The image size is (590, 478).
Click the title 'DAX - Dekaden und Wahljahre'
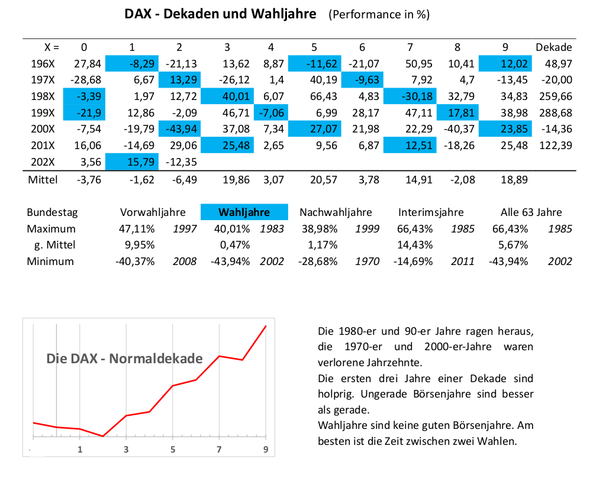tap(220, 14)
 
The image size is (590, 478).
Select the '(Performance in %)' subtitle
tap(379, 15)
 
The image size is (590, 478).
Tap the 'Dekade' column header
tap(554, 47)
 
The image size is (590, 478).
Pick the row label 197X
tap(43, 80)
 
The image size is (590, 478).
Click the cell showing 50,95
tap(419, 63)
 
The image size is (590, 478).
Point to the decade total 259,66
tap(556, 96)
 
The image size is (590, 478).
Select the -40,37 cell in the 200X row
tap(459, 129)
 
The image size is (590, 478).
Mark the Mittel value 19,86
tap(236, 180)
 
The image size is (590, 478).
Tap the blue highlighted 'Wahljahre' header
tap(244, 212)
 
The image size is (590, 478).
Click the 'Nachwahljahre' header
tap(336, 212)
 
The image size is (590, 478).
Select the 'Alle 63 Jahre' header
tap(531, 212)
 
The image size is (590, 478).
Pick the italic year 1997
tap(185, 229)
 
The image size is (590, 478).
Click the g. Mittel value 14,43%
tap(415, 245)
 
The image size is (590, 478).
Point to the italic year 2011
tap(462, 261)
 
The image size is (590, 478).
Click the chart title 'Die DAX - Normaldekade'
tap(124, 358)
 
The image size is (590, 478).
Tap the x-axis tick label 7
tap(219, 449)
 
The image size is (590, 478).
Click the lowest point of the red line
tap(103, 436)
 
